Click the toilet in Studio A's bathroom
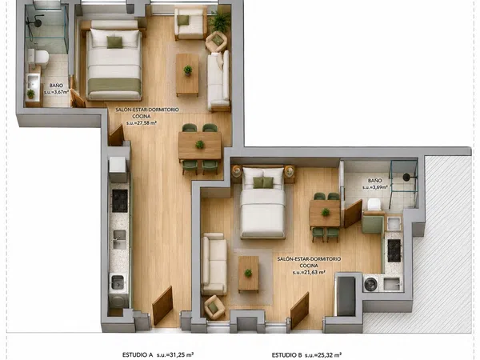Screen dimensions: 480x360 pyautogui.click(x=38, y=58)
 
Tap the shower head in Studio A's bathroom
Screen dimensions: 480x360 pyautogui.click(x=38, y=23)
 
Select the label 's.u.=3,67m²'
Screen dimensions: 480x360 pyautogui.click(x=56, y=92)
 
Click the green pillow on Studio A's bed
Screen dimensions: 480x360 pyautogui.click(x=114, y=42)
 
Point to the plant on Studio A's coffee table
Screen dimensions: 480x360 pyautogui.click(x=188, y=70)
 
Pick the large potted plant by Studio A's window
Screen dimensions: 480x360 pyautogui.click(x=219, y=22)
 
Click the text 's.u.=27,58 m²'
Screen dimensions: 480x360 pyautogui.click(x=142, y=123)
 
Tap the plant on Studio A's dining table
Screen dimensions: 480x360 pyautogui.click(x=200, y=144)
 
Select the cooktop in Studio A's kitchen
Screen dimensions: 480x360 pyautogui.click(x=120, y=201)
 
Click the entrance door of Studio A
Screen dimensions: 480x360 pyautogui.click(x=162, y=306)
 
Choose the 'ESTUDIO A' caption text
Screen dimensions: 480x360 pyautogui.click(x=138, y=354)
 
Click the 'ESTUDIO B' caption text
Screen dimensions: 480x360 pyautogui.click(x=287, y=355)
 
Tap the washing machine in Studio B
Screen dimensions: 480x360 pyautogui.click(x=371, y=283)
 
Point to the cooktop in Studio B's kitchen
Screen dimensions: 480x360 pyautogui.click(x=394, y=250)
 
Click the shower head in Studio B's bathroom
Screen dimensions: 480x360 pyautogui.click(x=407, y=177)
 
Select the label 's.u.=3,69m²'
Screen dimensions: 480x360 pyautogui.click(x=375, y=187)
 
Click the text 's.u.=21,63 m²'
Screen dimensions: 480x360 pyautogui.click(x=309, y=272)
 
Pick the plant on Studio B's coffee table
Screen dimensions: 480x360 pyautogui.click(x=248, y=273)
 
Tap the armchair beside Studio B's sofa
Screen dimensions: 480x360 pyautogui.click(x=214, y=306)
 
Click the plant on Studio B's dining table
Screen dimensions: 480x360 pyautogui.click(x=326, y=212)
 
